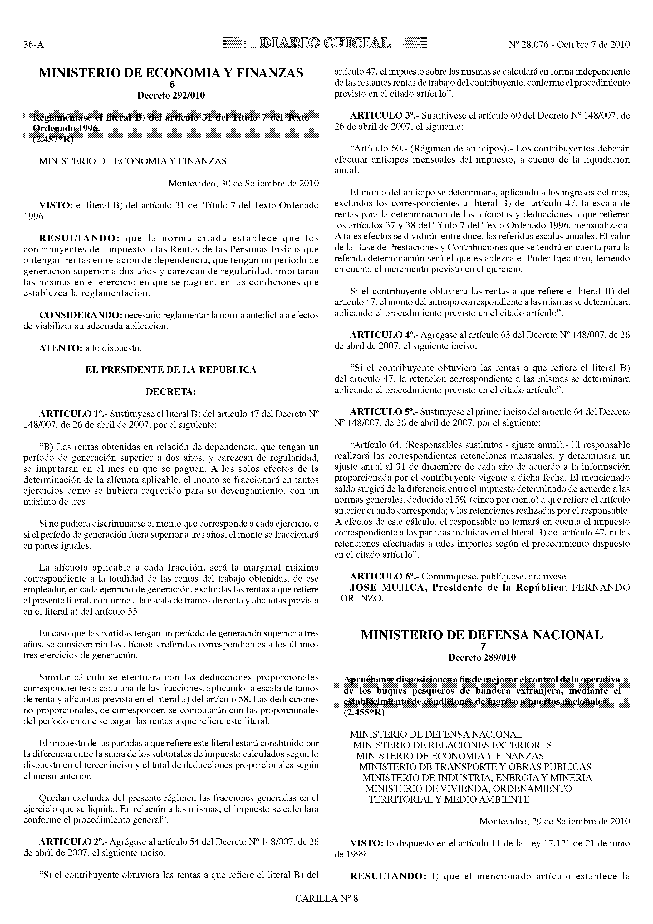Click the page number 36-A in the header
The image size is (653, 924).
click(x=33, y=45)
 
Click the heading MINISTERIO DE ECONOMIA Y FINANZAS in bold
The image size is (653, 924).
click(x=171, y=73)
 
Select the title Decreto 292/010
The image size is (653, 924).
click(x=171, y=96)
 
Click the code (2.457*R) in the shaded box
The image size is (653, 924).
click(x=53, y=139)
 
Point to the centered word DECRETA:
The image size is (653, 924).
click(x=171, y=392)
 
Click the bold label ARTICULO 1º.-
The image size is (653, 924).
click(x=73, y=414)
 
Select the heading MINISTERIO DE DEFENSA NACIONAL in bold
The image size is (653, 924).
click(x=482, y=636)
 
